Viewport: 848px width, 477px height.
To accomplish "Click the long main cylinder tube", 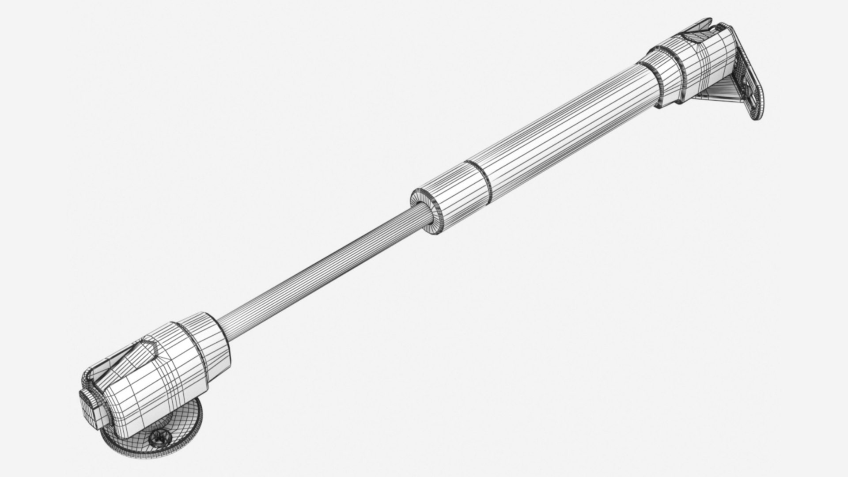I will (x=561, y=132).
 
